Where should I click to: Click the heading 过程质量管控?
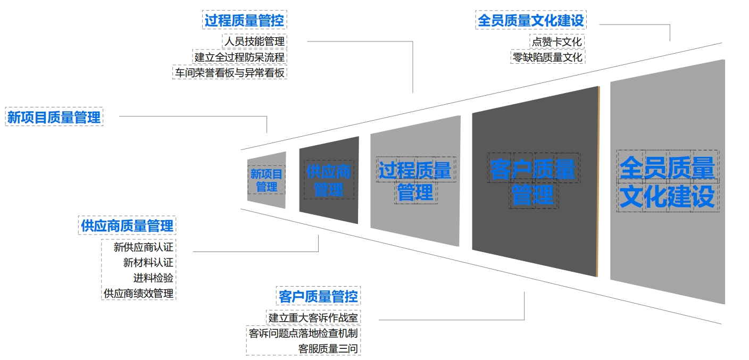point(245,21)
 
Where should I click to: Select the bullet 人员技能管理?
point(254,41)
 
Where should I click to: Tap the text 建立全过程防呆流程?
point(239,57)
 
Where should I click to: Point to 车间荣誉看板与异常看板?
point(230,72)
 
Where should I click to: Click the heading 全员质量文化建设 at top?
point(530,21)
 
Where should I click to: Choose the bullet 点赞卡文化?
point(557,41)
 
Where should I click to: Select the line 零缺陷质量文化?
point(547,57)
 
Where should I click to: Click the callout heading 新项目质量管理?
point(54,117)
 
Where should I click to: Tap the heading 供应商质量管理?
point(127,225)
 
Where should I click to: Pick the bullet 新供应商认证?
point(143,247)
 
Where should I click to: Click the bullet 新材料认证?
point(148,263)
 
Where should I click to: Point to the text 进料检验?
point(153,278)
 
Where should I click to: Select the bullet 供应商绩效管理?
point(138,293)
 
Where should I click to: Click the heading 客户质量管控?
point(318,296)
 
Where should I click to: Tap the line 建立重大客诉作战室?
point(313,318)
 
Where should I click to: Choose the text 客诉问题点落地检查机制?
point(303,333)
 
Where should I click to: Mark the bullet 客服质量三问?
point(328,349)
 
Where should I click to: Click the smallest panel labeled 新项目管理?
point(267,180)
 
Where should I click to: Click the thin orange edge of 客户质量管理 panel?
point(598,181)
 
